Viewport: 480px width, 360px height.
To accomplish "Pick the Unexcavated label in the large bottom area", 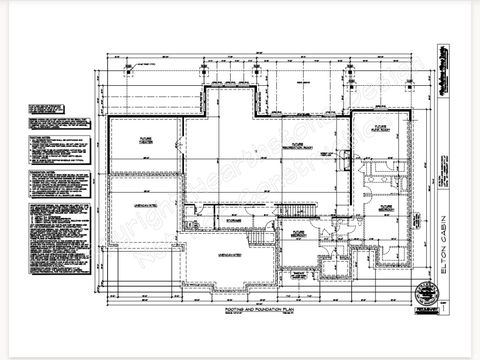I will pyautogui.click(x=229, y=256).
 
